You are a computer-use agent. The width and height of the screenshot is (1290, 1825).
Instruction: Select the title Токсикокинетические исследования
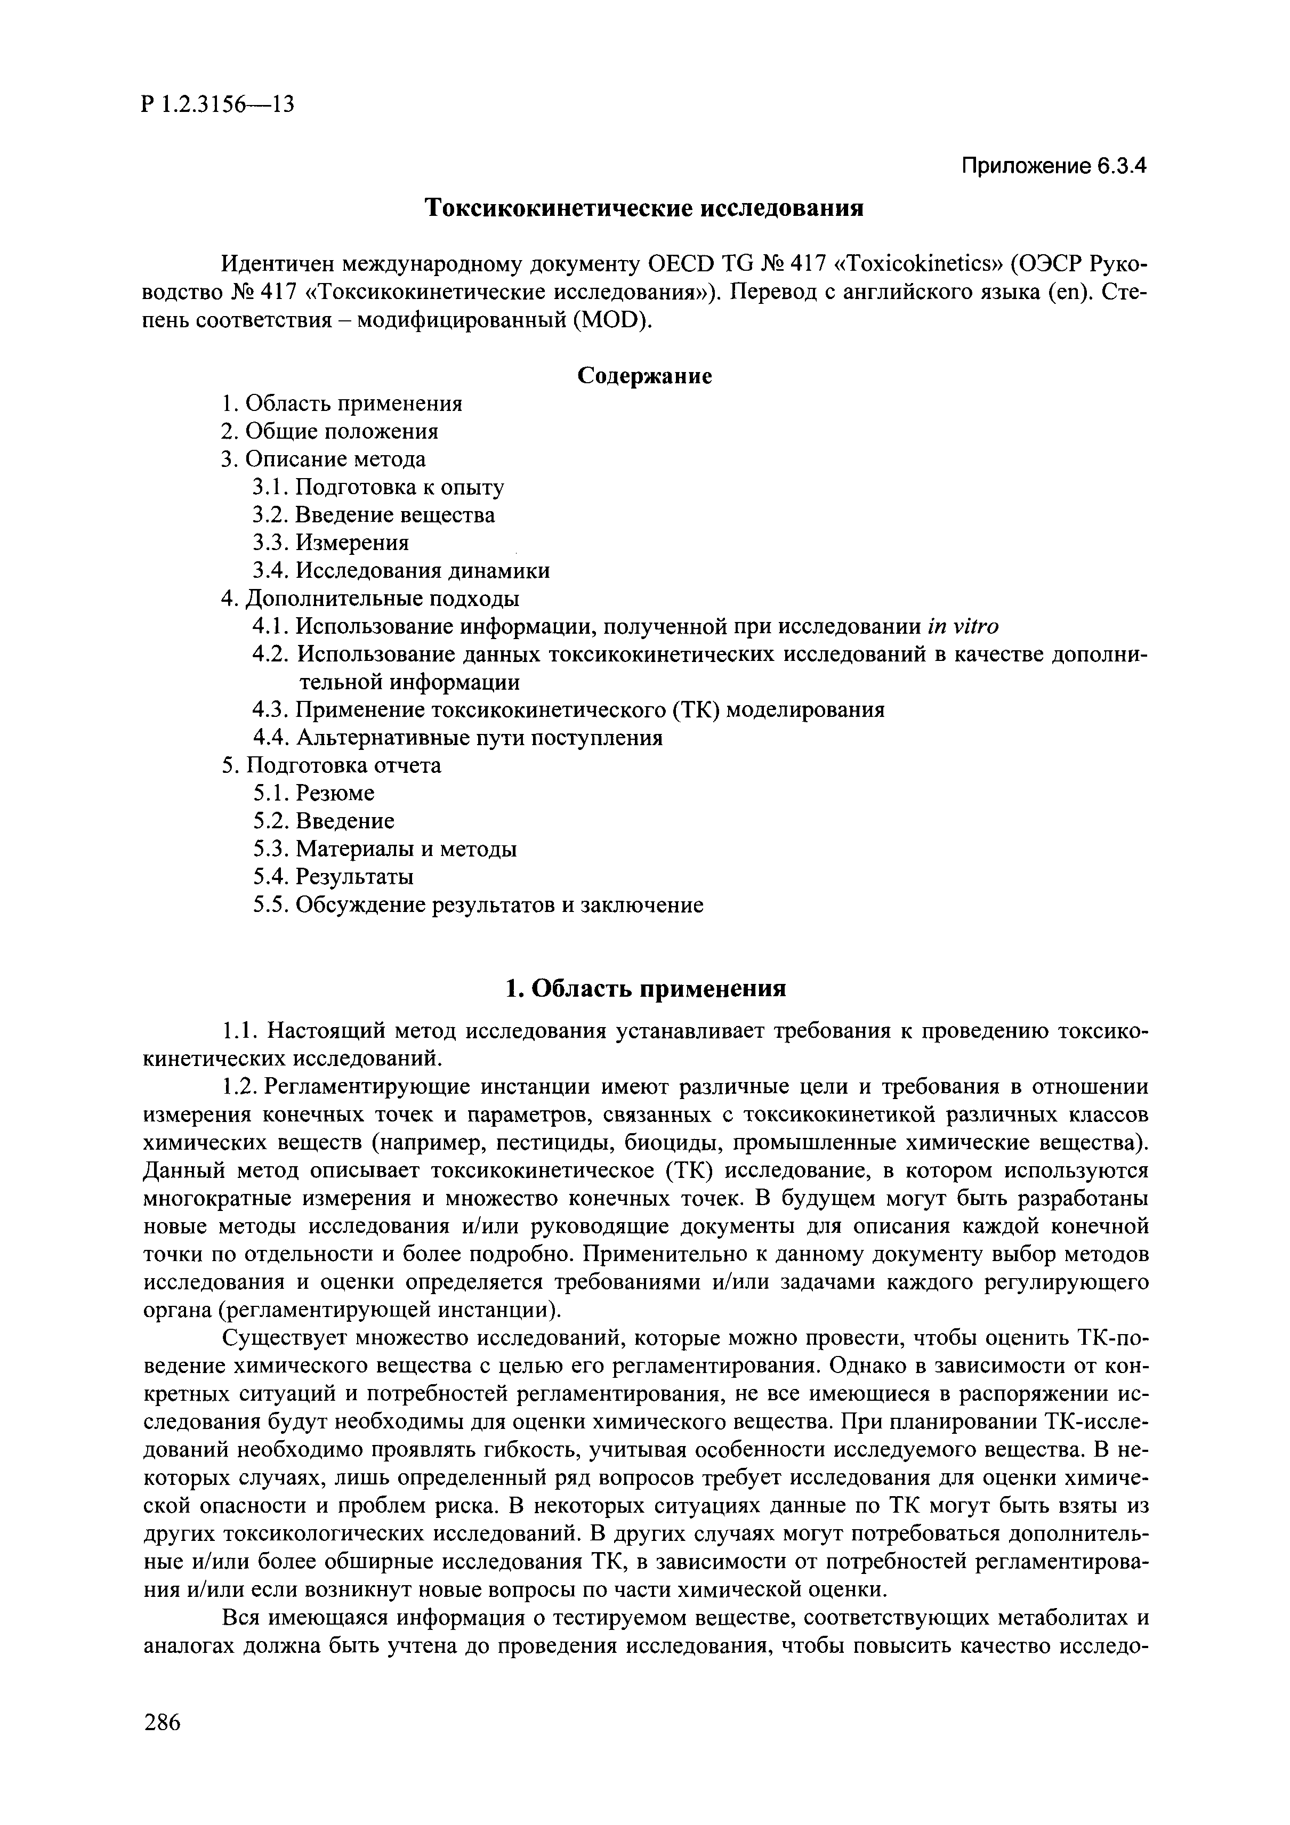(x=644, y=208)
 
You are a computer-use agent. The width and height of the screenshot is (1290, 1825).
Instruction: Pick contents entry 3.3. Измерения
(x=330, y=543)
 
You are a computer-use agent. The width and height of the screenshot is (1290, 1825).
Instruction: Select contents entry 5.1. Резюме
(x=313, y=793)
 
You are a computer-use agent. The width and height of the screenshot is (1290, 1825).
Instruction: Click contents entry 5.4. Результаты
(x=333, y=877)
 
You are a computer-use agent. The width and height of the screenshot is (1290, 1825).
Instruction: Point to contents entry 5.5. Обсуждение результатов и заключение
(x=478, y=906)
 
